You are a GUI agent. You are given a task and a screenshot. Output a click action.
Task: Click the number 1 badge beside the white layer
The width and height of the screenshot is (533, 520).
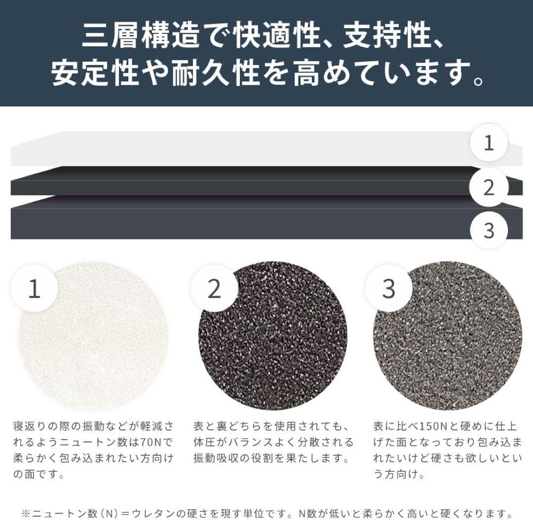pyautogui.click(x=489, y=143)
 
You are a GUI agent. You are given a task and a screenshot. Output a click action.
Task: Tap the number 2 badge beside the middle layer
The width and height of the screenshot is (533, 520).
pyautogui.click(x=489, y=187)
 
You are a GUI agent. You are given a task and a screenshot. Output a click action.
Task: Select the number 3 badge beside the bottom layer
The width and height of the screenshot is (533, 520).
pyautogui.click(x=489, y=230)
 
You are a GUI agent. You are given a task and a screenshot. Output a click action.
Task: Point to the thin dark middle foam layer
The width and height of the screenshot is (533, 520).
pyautogui.click(x=237, y=181)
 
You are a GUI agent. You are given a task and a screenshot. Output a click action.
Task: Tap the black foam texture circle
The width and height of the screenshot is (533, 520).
pyautogui.click(x=276, y=340)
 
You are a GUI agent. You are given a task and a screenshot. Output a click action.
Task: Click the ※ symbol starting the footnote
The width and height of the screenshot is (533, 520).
pyautogui.click(x=26, y=513)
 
